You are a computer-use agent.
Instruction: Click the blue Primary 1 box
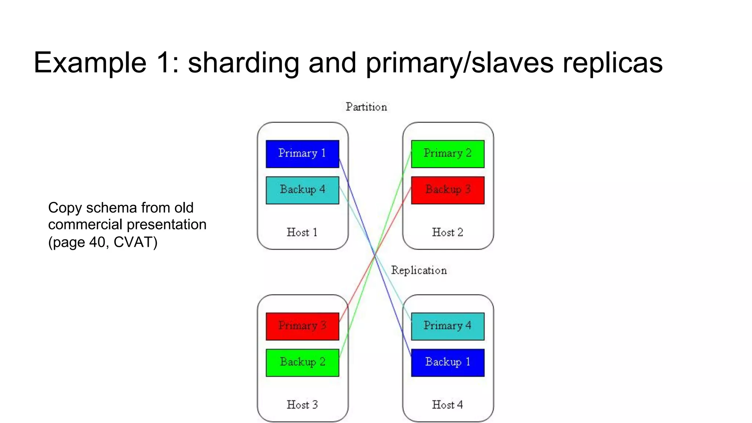[302, 154]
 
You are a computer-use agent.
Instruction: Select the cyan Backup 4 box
[302, 190]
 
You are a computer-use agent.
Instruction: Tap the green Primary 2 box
[448, 154]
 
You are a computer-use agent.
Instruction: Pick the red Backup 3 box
[448, 190]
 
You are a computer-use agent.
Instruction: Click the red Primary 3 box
[302, 326]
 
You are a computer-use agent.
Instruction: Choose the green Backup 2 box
[302, 362]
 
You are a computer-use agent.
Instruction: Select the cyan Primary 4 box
[448, 326]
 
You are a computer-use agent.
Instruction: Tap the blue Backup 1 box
[448, 362]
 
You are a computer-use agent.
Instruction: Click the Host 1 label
[302, 232]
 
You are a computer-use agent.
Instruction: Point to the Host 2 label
[447, 232]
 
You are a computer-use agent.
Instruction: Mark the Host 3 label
[302, 405]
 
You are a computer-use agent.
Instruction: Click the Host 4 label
[447, 405]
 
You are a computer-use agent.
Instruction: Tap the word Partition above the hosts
[366, 107]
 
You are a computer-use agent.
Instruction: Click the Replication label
[419, 271]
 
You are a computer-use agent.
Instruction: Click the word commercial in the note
[85, 224]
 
